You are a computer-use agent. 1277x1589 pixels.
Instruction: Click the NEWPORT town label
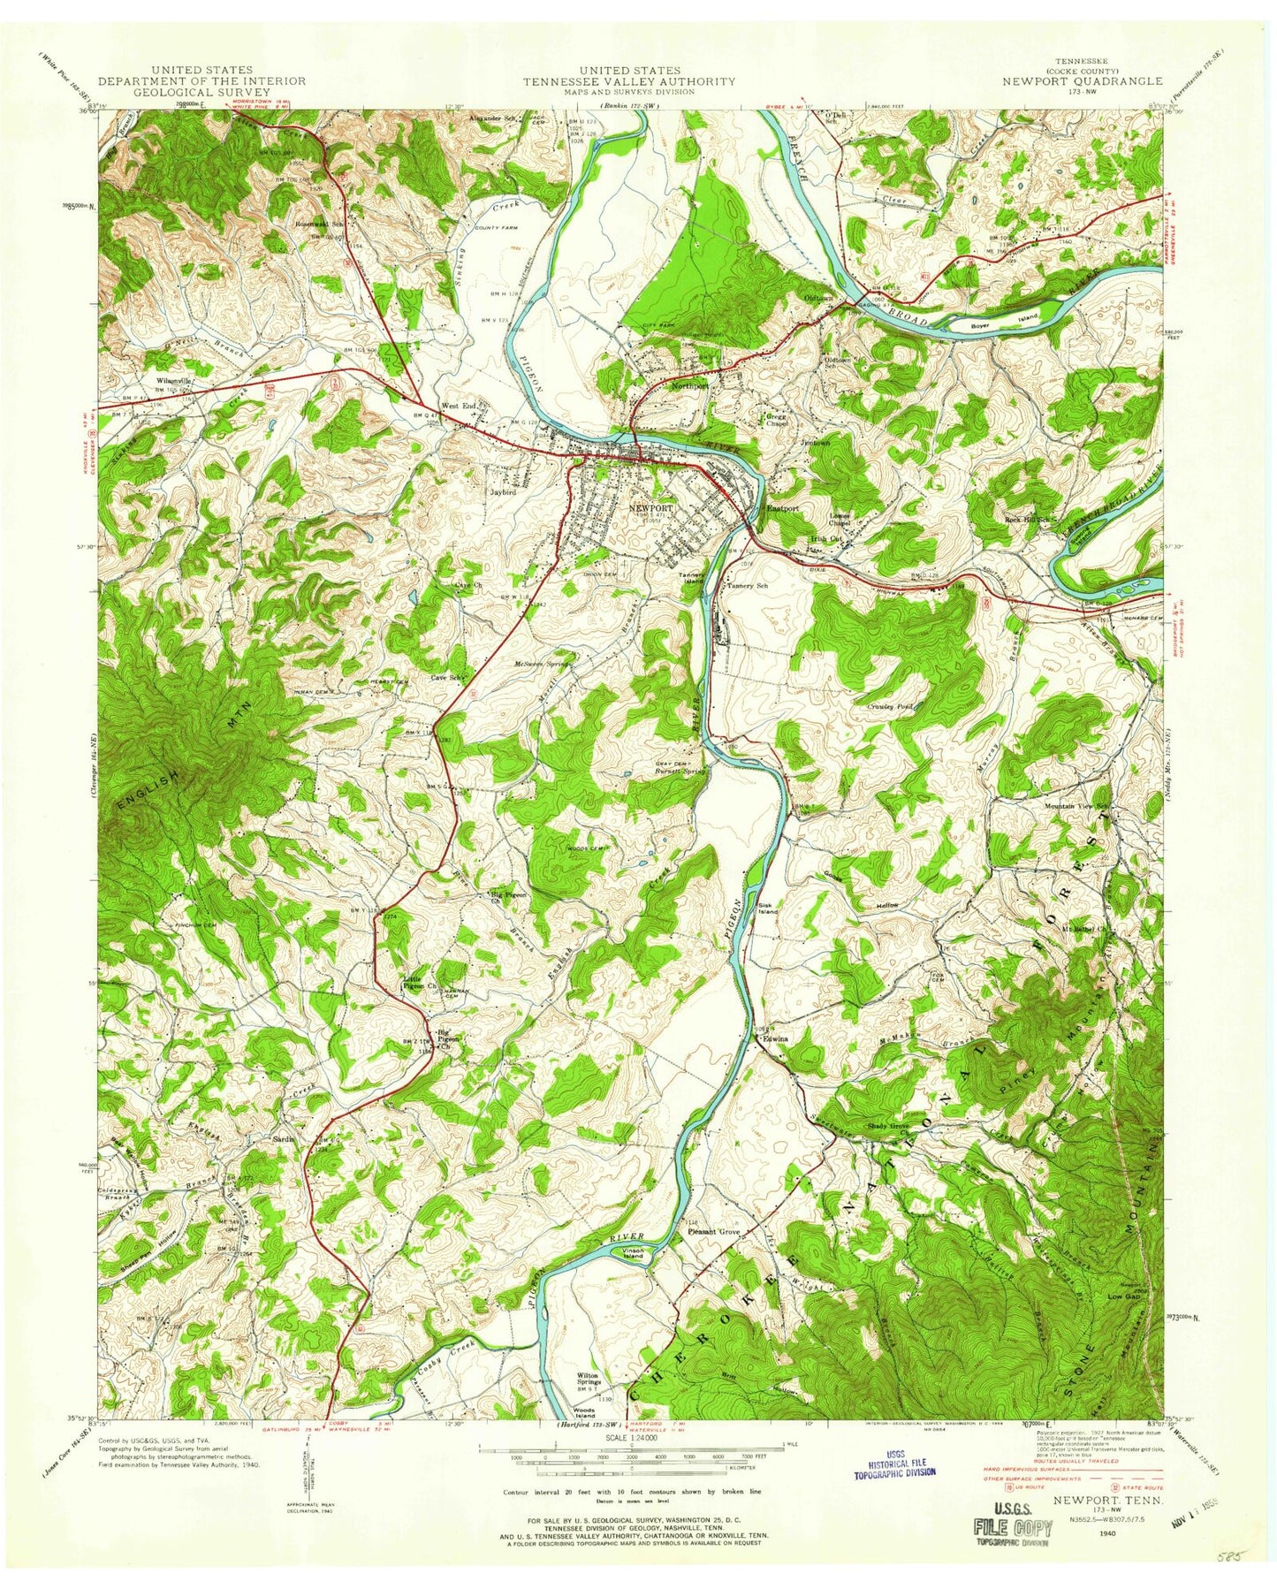click(651, 508)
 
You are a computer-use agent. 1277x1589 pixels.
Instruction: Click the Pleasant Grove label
click(713, 1231)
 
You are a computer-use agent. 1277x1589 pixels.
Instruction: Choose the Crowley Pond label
click(892, 706)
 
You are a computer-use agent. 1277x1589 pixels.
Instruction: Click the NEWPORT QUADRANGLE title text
click(1083, 80)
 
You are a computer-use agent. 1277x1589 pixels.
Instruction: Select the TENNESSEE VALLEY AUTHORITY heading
click(628, 80)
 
